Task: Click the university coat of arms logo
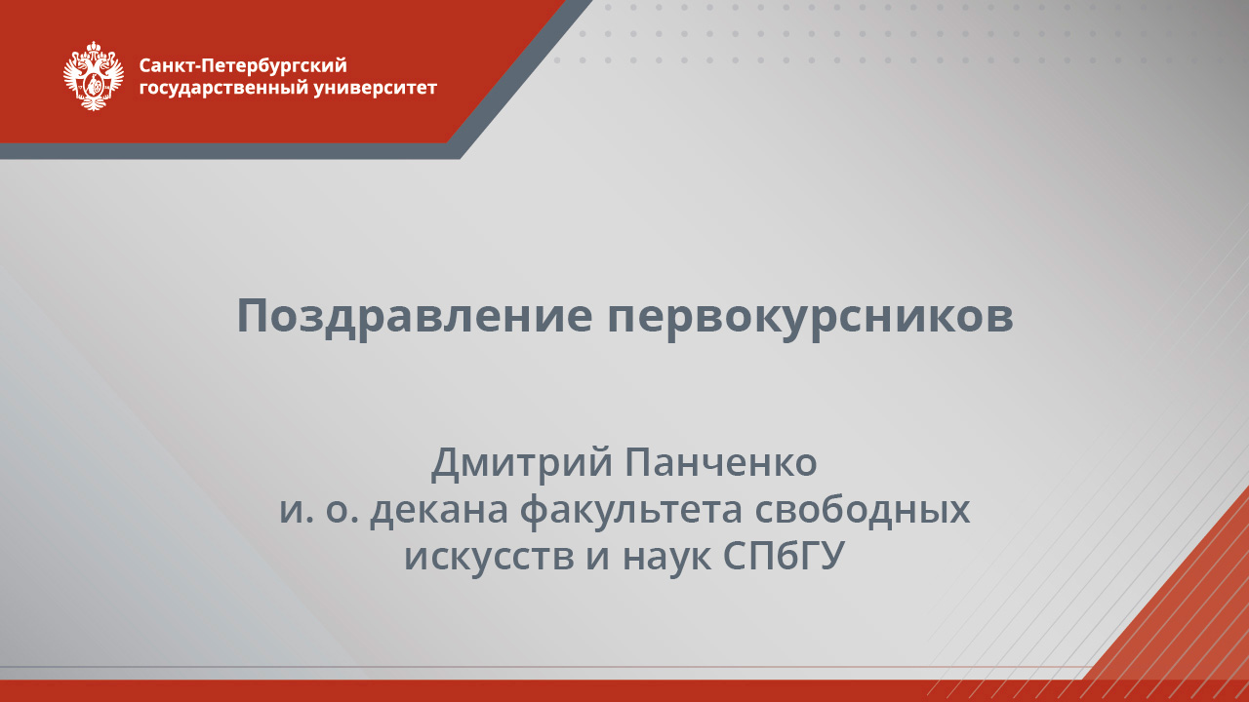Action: pyautogui.click(x=93, y=76)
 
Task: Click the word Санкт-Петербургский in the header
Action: pyautogui.click(x=243, y=65)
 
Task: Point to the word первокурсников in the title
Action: pyautogui.click(x=810, y=316)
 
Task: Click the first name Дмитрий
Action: pyautogui.click(x=520, y=462)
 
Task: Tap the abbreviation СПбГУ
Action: pyautogui.click(x=783, y=557)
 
